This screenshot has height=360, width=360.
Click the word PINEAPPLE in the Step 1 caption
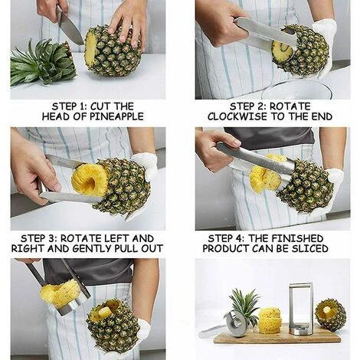pos(116,116)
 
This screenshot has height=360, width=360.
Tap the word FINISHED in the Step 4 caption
pos(297,238)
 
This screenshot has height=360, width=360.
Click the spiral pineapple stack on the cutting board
pos(270,321)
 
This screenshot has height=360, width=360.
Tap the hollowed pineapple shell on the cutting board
pos(330,315)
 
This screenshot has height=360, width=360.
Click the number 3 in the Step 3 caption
pos(50,238)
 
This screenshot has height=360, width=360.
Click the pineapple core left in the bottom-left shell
pos(104,312)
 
